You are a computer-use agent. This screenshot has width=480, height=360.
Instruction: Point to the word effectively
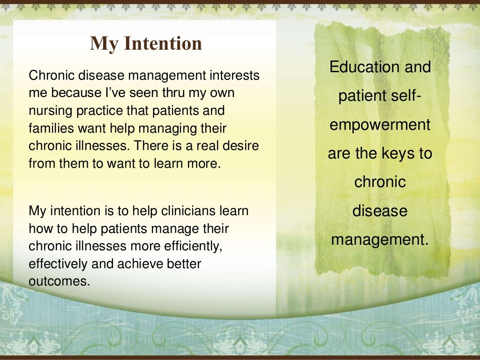[58, 264]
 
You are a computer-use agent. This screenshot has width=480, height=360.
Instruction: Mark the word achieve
[136, 264]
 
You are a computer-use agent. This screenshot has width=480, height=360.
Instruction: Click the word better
[184, 264]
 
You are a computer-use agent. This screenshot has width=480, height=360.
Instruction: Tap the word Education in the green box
[358, 67]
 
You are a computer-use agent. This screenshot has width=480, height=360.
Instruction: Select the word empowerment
[380, 125]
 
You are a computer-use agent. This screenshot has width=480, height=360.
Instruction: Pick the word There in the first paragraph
[149, 146]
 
